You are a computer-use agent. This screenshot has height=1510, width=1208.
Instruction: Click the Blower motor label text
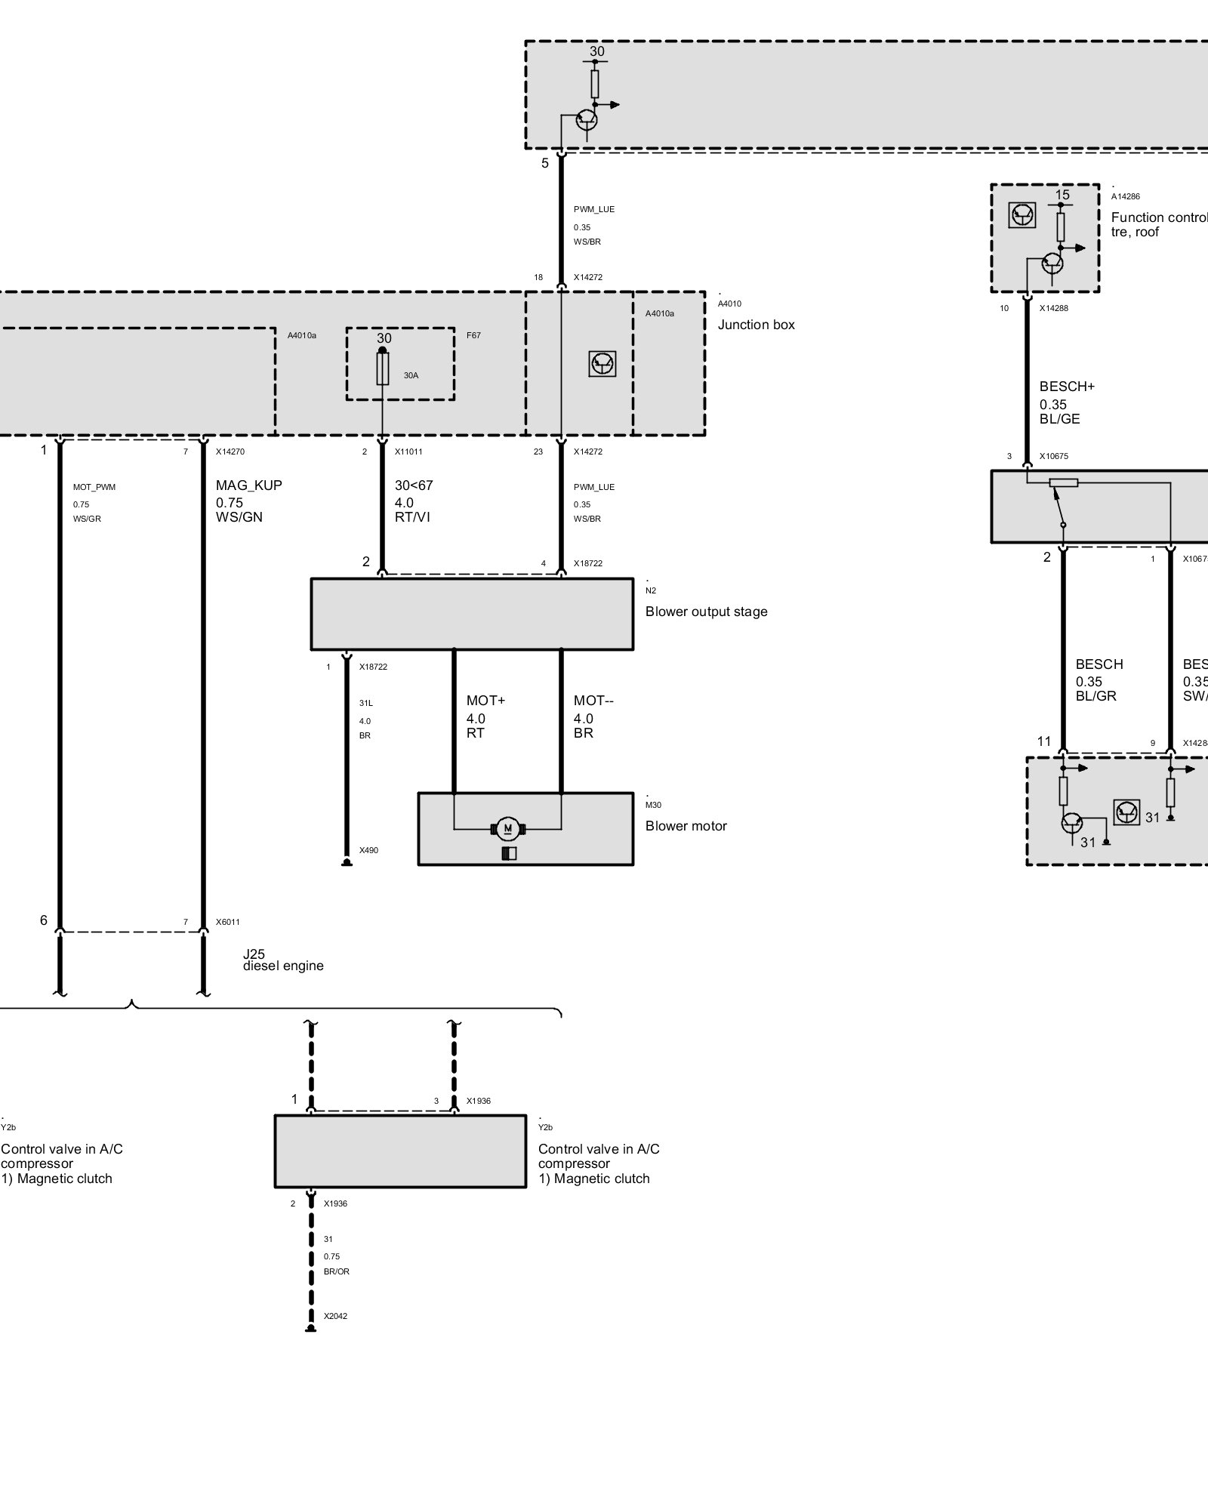point(686,826)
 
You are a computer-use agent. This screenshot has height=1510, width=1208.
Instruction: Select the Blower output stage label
point(706,612)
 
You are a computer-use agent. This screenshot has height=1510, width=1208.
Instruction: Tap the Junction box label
point(756,325)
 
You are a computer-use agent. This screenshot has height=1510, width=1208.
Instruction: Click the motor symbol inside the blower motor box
point(508,829)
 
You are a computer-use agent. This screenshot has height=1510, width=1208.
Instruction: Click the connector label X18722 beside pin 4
point(587,564)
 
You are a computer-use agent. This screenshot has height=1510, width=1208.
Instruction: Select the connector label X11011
point(408,452)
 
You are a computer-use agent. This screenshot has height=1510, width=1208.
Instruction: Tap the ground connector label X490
point(368,851)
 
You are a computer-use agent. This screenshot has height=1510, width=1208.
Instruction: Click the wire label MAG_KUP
point(249,485)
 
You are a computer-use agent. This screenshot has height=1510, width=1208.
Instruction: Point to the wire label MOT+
point(485,701)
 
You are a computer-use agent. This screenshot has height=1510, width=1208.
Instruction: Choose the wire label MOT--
point(593,701)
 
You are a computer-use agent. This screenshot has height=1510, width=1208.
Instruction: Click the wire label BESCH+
point(1067,387)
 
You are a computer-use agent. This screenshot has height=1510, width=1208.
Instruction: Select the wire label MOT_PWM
point(94,487)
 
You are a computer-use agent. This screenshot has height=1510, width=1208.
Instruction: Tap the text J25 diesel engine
point(283,960)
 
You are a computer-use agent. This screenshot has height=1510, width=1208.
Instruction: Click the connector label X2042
point(335,1316)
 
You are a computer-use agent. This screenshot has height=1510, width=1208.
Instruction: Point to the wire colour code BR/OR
point(337,1271)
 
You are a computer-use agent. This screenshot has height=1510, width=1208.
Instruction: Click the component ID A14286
point(1126,197)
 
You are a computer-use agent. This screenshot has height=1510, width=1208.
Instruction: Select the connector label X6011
point(228,922)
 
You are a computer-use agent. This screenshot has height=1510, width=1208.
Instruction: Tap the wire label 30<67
point(414,485)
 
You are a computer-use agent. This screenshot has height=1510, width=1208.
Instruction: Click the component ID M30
point(653,806)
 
